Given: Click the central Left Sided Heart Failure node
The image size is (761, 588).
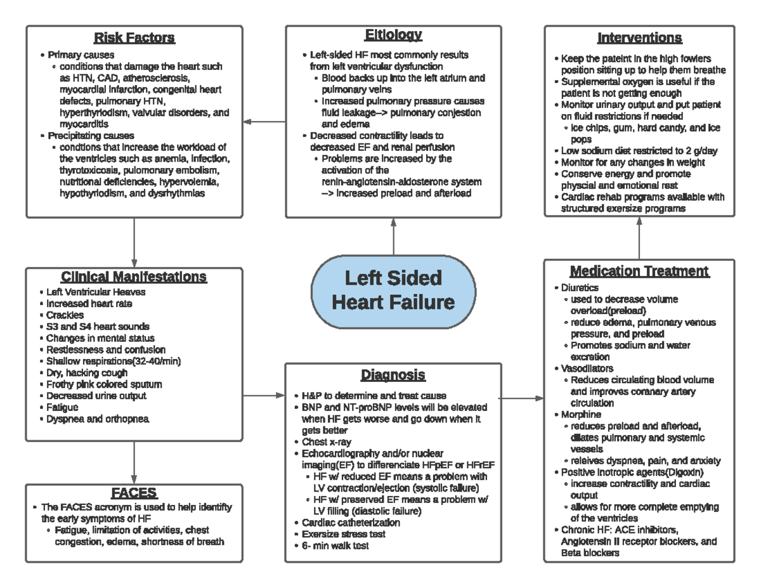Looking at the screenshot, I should (393, 291).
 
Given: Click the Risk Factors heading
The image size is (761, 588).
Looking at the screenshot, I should (134, 38).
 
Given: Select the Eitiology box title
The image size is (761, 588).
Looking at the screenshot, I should (393, 35).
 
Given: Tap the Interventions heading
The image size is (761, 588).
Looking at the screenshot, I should (639, 37).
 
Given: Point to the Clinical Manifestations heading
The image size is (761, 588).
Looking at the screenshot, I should (134, 277).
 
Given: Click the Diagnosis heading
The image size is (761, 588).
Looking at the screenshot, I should (393, 376).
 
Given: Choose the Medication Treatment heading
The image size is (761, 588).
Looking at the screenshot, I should (639, 271).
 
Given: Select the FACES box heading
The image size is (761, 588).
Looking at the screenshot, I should (134, 493).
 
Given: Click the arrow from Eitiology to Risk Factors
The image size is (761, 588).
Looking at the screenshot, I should (264, 121).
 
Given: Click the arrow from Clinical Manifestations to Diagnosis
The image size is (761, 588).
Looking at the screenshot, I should (264, 395).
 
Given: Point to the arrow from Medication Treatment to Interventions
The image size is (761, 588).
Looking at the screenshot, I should (639, 237).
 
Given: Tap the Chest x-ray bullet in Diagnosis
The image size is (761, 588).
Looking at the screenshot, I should (326, 441).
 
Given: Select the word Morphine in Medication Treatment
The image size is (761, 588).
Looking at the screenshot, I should (581, 414).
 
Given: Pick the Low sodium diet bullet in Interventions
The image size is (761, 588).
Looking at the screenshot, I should (639, 151).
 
